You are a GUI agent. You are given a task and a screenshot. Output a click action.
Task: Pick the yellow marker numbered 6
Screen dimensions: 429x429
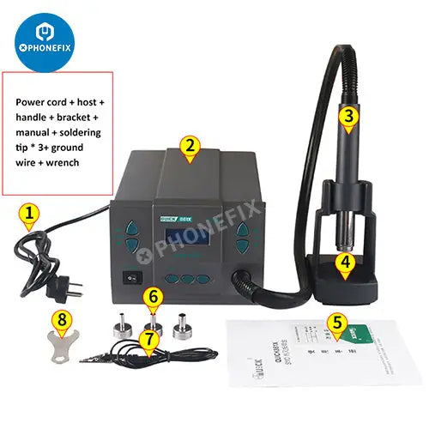(154, 299)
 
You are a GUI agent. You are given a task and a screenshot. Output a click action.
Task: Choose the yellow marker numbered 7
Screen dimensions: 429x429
(151, 341)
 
